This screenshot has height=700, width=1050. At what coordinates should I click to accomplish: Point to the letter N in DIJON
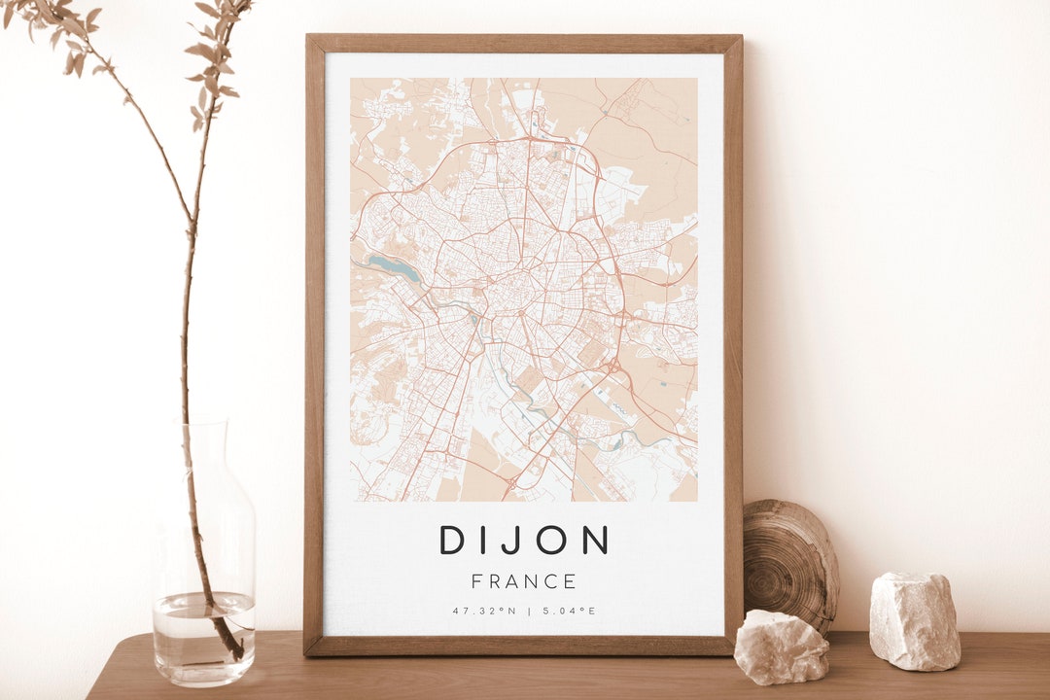click(x=595, y=540)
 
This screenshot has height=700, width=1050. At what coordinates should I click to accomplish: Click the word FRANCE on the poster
click(x=524, y=581)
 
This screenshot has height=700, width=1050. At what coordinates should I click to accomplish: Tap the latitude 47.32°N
click(x=482, y=611)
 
